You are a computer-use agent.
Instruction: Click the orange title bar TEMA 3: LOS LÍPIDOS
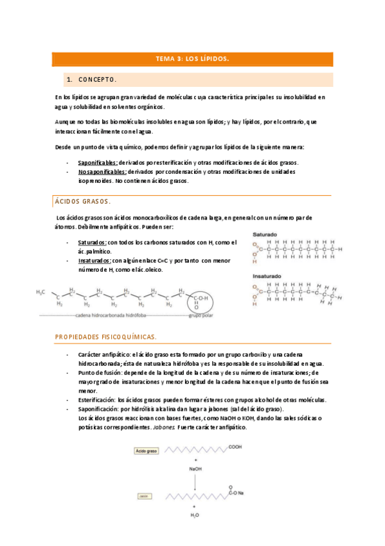[x=192, y=59]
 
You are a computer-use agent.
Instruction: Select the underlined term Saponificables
[x=98, y=162]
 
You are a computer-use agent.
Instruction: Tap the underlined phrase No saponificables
[x=102, y=172]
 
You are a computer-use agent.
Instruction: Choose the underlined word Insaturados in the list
[x=94, y=261]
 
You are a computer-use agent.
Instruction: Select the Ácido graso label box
[x=146, y=451]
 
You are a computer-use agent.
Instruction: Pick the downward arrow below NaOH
[x=195, y=482]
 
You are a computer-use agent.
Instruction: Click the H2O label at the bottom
[x=195, y=516]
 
